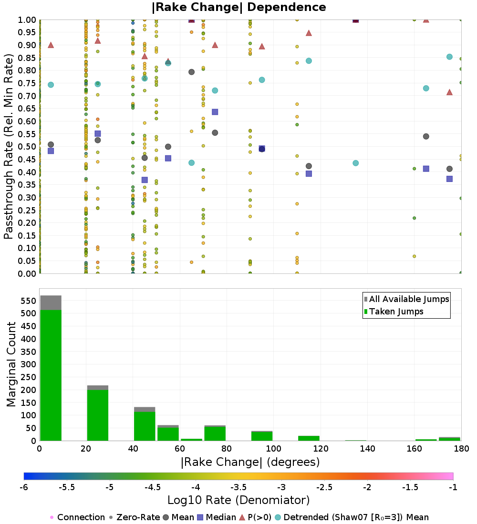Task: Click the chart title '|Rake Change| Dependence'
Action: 239,7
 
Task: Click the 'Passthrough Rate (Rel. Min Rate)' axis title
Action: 9,146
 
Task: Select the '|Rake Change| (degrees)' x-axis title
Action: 250,462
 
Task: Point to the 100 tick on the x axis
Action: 273,448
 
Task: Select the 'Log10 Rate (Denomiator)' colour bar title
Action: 238,500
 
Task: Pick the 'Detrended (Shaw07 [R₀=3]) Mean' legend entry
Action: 356,517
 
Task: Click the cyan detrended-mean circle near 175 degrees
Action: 449,57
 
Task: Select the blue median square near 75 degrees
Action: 215,112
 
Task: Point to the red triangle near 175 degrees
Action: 449,92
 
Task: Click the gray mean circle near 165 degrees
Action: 426,136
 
